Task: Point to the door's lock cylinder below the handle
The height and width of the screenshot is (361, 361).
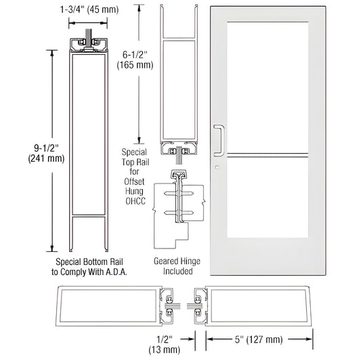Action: tap(217, 167)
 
